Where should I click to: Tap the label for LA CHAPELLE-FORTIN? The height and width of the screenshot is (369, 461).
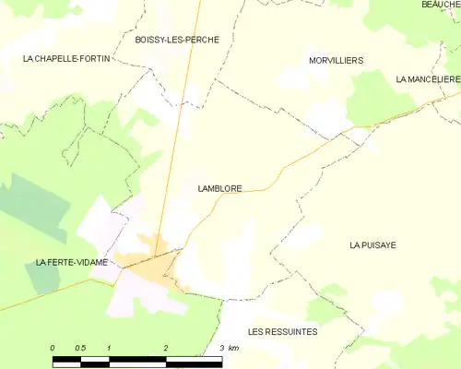click(x=61, y=58)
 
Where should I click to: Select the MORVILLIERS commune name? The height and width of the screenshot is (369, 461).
click(x=335, y=60)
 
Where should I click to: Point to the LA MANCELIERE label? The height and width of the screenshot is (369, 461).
click(x=427, y=80)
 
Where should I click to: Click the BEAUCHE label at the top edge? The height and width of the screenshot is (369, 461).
click(x=441, y=5)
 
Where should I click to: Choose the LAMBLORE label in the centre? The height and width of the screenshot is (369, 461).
click(x=219, y=189)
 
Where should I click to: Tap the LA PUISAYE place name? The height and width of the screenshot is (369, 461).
click(x=372, y=245)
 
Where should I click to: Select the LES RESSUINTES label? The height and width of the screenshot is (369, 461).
click(x=282, y=331)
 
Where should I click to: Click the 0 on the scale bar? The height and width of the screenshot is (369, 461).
click(x=53, y=347)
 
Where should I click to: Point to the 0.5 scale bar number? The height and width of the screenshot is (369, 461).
click(x=80, y=347)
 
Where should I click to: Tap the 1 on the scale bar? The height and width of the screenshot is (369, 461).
click(x=109, y=347)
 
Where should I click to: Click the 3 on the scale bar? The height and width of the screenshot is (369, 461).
click(x=221, y=347)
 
